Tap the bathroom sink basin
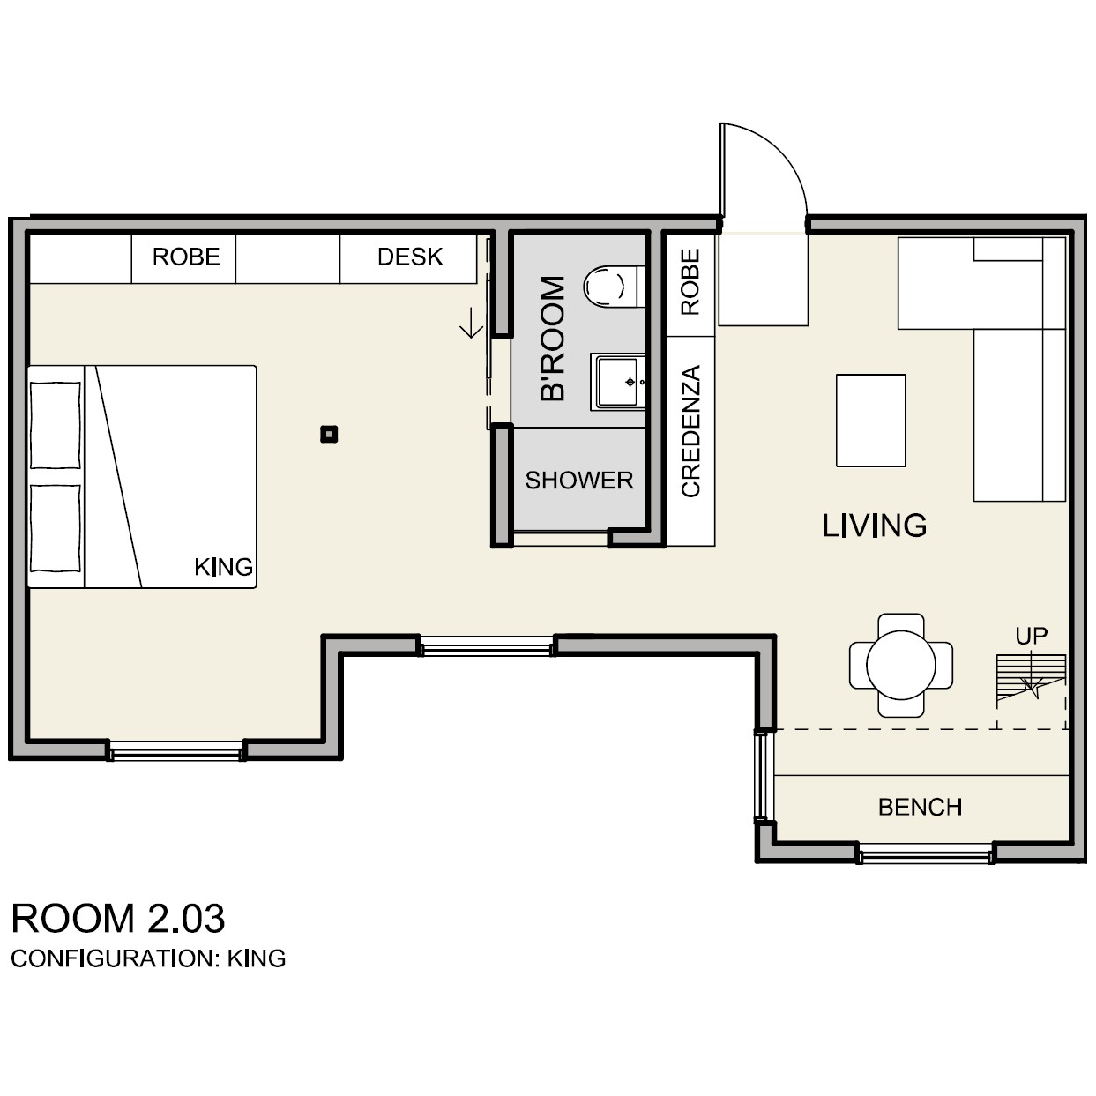(618, 382)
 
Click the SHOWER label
(579, 481)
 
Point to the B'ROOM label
(552, 339)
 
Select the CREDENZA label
(690, 432)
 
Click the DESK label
(410, 257)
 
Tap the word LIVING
(875, 526)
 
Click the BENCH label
(921, 807)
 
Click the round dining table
(901, 666)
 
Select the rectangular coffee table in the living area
(871, 421)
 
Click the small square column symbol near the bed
(329, 435)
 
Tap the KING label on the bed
(224, 567)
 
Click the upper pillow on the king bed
(56, 425)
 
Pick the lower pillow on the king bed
(56, 528)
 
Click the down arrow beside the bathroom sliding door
(471, 323)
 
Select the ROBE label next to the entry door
(690, 282)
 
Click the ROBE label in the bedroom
(186, 257)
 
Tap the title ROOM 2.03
(118, 919)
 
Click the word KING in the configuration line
(257, 959)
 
